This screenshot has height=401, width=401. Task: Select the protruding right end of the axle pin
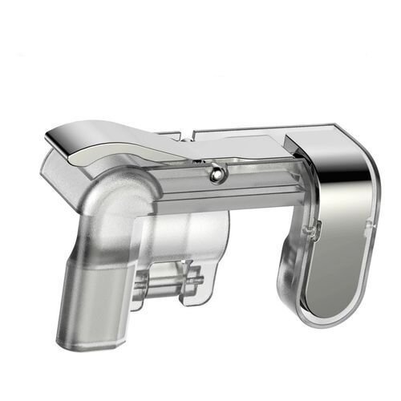tap(200, 281)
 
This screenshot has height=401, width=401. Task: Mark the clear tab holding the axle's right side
tap(191, 285)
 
